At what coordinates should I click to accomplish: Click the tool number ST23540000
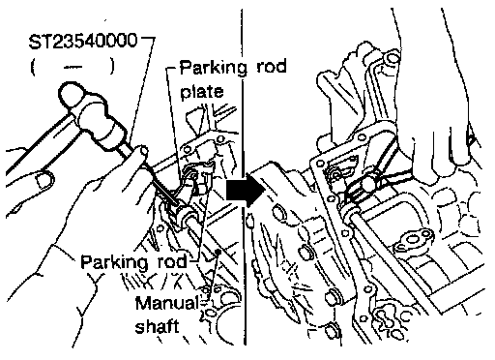pos(83,41)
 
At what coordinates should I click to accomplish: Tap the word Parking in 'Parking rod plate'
pos(213,68)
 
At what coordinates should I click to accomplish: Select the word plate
pos(202,92)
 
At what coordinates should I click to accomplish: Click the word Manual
pos(166,303)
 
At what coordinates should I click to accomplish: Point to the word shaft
pos(157,326)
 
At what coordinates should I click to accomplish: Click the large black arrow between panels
pos(245,191)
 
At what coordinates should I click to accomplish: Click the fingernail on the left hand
pos(44,180)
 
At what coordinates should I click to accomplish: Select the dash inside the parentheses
pos(73,67)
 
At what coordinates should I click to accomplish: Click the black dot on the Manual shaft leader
pos(218,251)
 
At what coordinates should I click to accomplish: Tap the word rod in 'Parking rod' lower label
pos(172,261)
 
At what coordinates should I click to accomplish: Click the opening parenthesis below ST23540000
pos(33,67)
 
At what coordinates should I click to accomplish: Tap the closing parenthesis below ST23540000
pos(111,67)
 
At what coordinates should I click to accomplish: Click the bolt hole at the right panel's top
pos(392,58)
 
